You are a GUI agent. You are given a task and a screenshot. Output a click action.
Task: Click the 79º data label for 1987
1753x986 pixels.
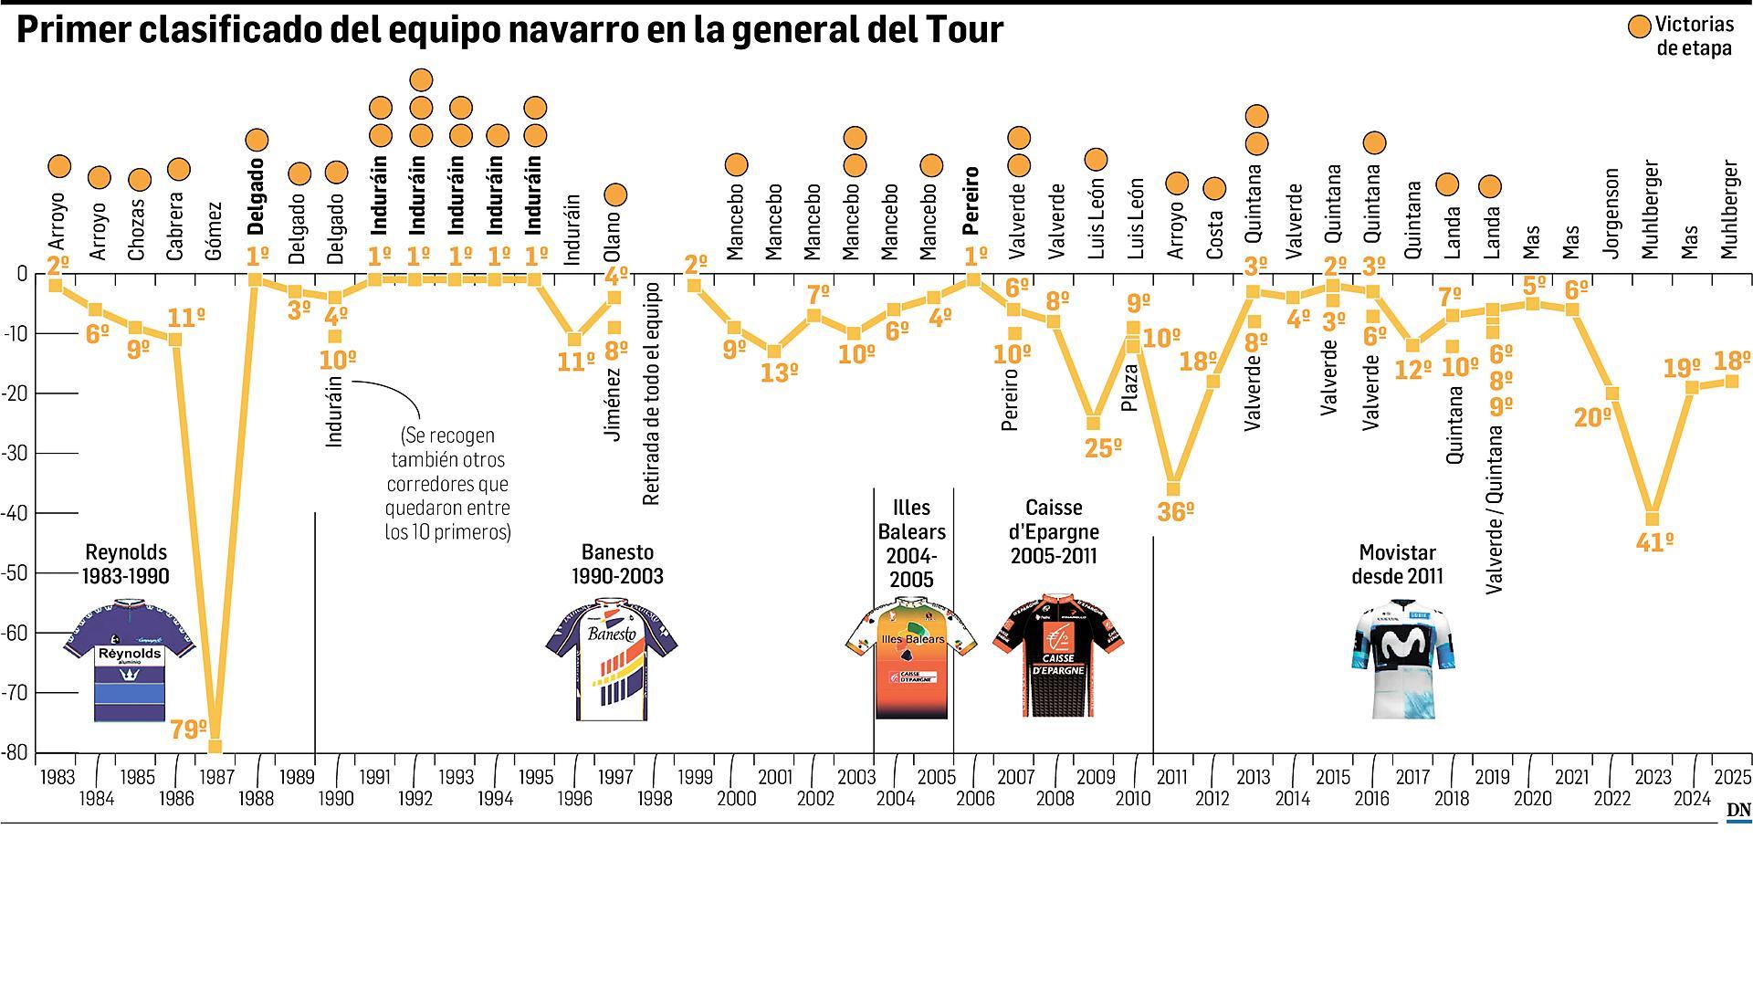(x=189, y=729)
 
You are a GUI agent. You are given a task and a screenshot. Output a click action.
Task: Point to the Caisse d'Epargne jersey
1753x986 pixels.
(x=1057, y=656)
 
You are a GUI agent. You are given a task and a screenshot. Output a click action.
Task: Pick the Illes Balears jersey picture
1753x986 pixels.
(x=911, y=657)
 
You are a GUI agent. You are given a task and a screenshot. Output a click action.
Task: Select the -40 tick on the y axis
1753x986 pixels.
(x=16, y=513)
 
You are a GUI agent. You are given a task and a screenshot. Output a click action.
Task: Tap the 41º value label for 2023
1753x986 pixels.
(x=1654, y=543)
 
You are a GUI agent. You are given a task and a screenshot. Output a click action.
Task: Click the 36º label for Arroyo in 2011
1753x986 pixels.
(x=1175, y=512)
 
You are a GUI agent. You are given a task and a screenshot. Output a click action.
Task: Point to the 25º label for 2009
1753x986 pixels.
(x=1103, y=448)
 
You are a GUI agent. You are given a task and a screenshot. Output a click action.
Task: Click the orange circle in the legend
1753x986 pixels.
(x=1640, y=27)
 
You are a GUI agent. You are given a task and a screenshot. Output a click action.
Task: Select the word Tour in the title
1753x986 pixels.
(x=964, y=30)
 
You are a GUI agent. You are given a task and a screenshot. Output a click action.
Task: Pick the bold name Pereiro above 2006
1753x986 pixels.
(x=971, y=201)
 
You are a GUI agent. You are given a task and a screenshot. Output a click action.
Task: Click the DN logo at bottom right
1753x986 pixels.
(x=1737, y=811)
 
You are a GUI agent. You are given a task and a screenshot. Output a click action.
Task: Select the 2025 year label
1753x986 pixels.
(x=1732, y=778)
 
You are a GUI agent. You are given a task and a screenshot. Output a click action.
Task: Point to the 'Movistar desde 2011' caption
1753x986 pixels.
(x=1397, y=564)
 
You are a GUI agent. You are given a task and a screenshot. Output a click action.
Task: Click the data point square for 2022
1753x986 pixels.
(x=1612, y=393)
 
